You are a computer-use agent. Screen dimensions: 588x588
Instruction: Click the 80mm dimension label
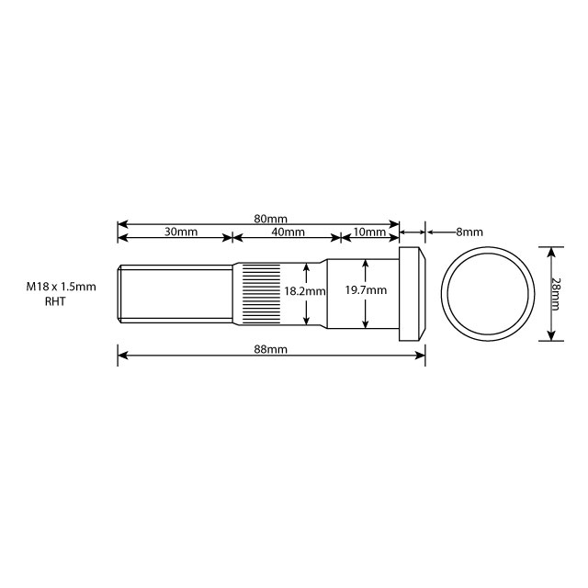271,219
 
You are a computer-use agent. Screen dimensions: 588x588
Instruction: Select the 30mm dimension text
181,232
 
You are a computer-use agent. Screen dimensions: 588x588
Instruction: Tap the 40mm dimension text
288,232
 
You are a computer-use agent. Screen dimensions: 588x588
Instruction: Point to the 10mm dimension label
369,232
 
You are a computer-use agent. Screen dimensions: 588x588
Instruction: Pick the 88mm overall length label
271,350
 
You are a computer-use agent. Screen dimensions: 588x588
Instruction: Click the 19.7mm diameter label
366,290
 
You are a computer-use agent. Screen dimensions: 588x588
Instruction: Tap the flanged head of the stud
412,293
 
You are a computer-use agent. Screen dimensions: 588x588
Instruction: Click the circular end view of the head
487,293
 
